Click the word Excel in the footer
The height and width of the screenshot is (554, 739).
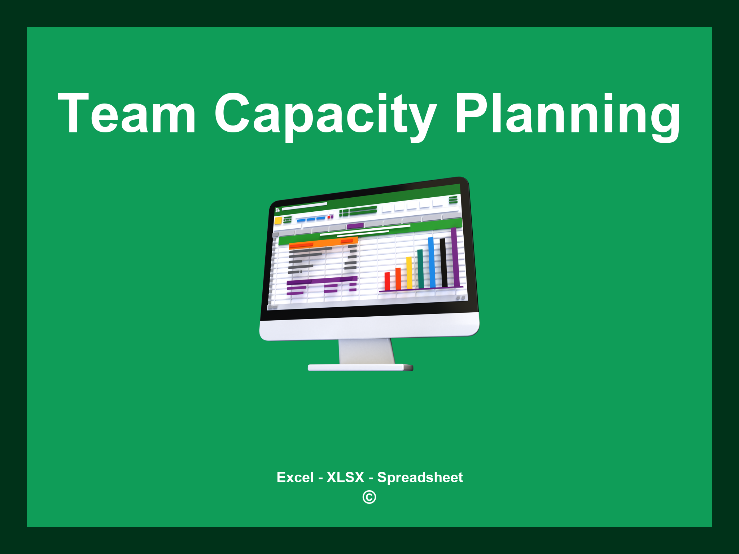coord(295,477)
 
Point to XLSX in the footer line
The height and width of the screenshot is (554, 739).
coord(345,477)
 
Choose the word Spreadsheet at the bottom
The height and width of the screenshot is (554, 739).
coord(420,477)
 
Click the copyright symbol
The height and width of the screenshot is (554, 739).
coord(369,497)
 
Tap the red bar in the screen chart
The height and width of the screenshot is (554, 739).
coord(387,281)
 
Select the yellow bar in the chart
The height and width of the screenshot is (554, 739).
coord(409,273)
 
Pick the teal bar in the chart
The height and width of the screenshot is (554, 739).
coord(420,269)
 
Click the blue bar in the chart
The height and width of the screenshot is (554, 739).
coord(431,262)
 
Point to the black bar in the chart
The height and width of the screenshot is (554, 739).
coord(443,262)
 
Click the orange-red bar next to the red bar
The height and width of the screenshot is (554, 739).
coord(398,278)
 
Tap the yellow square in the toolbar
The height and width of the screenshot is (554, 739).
coord(278,220)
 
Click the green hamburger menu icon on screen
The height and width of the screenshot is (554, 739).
coord(453,200)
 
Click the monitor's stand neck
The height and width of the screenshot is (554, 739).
coord(366,351)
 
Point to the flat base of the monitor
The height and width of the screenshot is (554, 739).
coord(360,368)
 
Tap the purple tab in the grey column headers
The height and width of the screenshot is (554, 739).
coord(355,226)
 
